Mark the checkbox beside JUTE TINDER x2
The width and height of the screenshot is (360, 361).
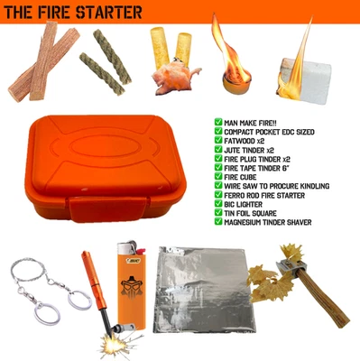pos(218,152)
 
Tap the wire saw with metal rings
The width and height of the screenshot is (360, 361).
pos(43,289)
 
